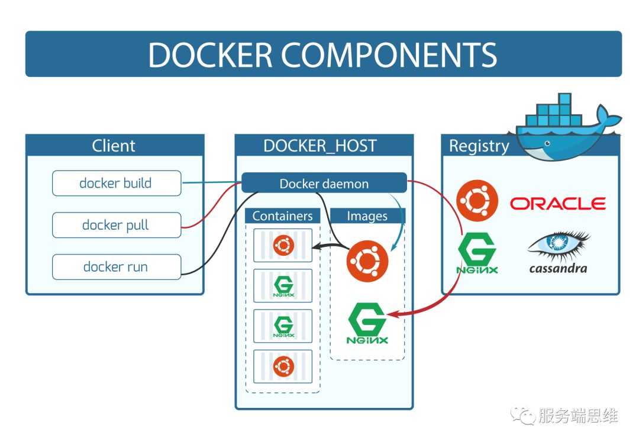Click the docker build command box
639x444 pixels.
pos(117,184)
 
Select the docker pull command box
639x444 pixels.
pos(117,226)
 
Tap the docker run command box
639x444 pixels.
pos(117,267)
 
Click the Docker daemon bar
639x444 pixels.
pos(324,184)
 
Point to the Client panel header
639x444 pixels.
pos(114,146)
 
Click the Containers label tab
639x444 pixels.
pos(282,216)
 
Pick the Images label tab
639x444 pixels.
pos(367,216)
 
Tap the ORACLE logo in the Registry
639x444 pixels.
pos(557,204)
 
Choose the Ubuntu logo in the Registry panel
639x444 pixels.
pos(477,200)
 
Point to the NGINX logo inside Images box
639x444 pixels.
pos(367,323)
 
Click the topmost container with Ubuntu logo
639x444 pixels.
pos(283,245)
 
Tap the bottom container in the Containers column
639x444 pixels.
pos(283,366)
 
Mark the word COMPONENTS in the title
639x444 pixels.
pos(389,54)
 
